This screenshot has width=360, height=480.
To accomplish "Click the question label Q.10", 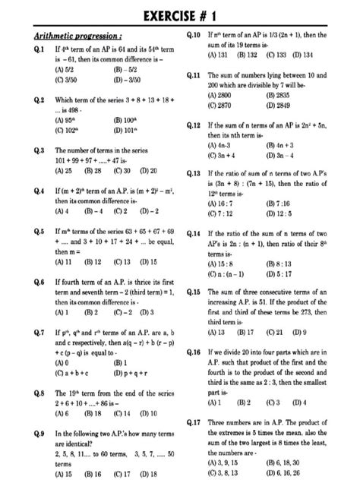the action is [x=193, y=36].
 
